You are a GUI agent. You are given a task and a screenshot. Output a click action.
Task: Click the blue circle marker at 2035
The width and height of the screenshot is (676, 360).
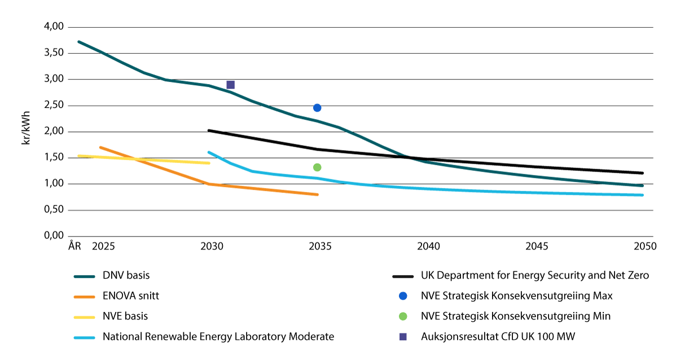pos(317,108)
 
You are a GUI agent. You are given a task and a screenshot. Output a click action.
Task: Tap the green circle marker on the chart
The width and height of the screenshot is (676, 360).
pos(317,167)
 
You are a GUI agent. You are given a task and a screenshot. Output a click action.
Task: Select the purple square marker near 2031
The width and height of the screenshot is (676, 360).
pos(231,85)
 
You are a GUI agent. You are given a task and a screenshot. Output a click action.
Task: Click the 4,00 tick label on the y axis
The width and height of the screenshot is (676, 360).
pos(54,27)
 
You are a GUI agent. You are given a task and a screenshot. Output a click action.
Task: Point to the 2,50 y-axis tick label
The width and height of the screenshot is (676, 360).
pos(54,105)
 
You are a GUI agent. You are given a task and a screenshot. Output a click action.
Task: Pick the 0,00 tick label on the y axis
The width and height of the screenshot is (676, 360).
pos(54,236)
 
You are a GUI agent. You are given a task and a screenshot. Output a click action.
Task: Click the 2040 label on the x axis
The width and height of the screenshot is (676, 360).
pos(428,246)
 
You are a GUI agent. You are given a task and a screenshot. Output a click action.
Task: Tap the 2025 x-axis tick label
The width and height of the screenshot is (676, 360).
pos(103,246)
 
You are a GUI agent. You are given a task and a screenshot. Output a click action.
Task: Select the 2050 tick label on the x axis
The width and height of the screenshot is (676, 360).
pos(645,246)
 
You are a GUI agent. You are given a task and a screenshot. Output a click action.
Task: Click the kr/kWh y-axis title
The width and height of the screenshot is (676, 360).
pos(27,128)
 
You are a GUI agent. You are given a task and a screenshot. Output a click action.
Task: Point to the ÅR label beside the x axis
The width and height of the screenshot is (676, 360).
pos(74,246)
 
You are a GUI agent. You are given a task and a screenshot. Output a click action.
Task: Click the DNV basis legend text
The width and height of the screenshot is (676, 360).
pos(126,275)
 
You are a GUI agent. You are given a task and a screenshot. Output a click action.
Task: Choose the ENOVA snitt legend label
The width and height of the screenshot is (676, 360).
pos(131,296)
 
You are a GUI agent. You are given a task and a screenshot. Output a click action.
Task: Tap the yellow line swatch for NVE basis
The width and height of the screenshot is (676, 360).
pos(84,317)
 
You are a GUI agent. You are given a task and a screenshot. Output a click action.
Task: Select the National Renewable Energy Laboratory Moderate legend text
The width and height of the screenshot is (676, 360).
pos(218,337)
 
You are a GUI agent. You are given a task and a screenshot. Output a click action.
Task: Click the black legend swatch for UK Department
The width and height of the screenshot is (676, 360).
pos(403,276)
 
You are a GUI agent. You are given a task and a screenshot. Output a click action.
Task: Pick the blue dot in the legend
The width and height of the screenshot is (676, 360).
pos(403,296)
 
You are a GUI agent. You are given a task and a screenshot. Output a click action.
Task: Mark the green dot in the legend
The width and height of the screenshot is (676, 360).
pos(403,316)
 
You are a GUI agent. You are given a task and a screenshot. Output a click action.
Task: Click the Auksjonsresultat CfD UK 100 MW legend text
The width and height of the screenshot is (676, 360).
pos(498,337)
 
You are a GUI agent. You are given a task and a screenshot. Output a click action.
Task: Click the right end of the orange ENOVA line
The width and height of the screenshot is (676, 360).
pos(317,195)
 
